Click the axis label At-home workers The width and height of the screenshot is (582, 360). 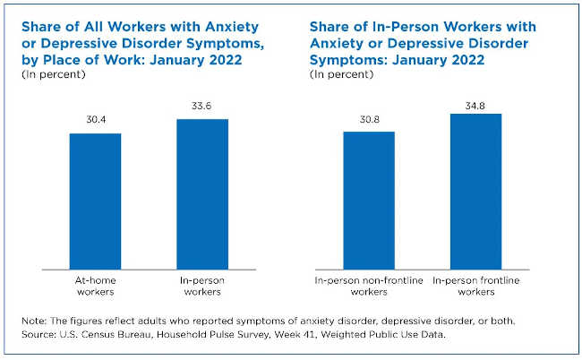(96, 285)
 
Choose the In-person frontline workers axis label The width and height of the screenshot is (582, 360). (475, 285)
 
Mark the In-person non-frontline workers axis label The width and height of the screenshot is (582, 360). (369, 285)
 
